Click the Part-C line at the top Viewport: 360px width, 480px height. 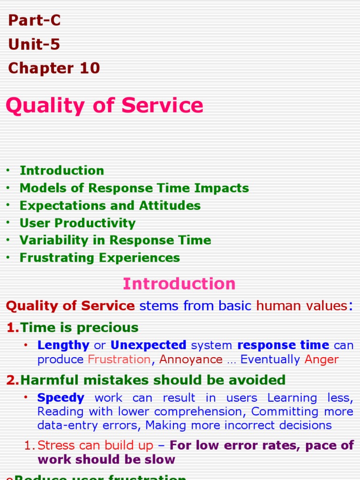(x=34, y=21)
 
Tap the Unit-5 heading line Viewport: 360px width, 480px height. (x=34, y=45)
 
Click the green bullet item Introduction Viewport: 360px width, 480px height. (x=61, y=171)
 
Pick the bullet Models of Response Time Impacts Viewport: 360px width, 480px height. (x=134, y=188)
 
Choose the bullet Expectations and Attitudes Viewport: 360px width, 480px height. (x=110, y=205)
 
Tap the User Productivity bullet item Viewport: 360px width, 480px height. (x=77, y=223)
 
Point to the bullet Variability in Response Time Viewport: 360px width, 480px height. (x=115, y=240)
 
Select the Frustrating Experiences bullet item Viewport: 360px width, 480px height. (x=99, y=257)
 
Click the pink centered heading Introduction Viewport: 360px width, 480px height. (x=179, y=284)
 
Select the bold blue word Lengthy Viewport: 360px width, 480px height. (x=63, y=345)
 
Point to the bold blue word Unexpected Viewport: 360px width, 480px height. (x=148, y=345)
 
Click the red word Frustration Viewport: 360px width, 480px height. (x=120, y=360)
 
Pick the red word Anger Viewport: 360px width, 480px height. (x=322, y=360)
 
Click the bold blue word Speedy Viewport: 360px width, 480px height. (x=61, y=398)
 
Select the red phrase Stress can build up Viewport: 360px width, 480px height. (x=95, y=445)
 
